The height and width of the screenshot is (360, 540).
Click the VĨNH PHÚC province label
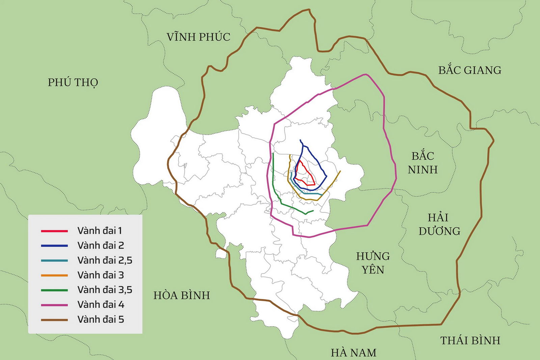198,37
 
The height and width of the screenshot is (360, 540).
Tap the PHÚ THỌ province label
73,82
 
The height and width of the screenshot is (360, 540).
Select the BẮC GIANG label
470,70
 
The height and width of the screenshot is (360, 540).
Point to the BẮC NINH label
423,163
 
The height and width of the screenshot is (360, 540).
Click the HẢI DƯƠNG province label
439,224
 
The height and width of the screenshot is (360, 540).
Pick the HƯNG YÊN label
373,263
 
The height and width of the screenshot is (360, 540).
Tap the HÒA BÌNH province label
182,295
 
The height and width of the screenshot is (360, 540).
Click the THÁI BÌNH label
470,340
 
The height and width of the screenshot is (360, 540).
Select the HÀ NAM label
353,353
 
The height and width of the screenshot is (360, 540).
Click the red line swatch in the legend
54,231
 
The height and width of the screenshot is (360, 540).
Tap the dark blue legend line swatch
54,246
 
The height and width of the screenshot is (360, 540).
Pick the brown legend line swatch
54,320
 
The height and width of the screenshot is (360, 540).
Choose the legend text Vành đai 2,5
105,260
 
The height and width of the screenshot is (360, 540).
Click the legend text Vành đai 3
101,275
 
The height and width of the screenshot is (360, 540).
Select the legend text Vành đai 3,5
105,290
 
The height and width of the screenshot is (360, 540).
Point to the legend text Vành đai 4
101,305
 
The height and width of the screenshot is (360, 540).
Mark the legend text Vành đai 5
101,319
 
